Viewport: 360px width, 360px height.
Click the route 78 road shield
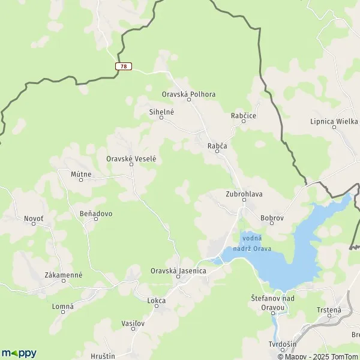pos(124,66)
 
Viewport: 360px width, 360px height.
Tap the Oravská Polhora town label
pos(188,94)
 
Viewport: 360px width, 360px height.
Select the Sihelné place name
pos(161,112)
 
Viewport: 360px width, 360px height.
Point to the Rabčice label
pos(244,115)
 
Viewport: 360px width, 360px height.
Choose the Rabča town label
pos(217,145)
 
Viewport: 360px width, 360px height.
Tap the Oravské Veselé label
pos(131,158)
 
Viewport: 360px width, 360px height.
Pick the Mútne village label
pos(81,175)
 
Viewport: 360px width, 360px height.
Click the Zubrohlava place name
pos(244,194)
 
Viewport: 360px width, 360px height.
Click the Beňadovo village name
pos(96,213)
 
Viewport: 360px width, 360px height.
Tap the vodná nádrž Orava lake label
pos(256,244)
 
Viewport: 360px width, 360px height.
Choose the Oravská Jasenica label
pos(178,271)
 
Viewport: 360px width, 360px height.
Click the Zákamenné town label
pos(64,275)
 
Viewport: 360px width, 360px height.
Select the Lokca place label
pos(157,300)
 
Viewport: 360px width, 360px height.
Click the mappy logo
pos(19,353)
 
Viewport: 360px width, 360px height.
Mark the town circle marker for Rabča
pos(218,152)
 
